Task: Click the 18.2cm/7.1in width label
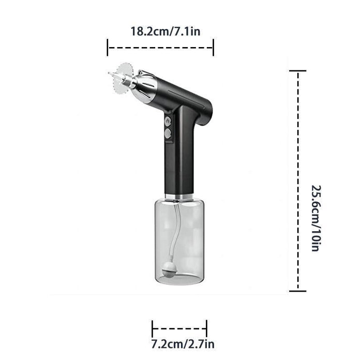click(165, 32)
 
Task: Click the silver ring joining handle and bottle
click(179, 197)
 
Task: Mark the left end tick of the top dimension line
click(108, 48)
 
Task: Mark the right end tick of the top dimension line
click(213, 48)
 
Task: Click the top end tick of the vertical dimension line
click(298, 71)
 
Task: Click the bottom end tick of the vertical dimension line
click(298, 291)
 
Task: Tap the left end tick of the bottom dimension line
click(153, 328)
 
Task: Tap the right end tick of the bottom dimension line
click(207, 328)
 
